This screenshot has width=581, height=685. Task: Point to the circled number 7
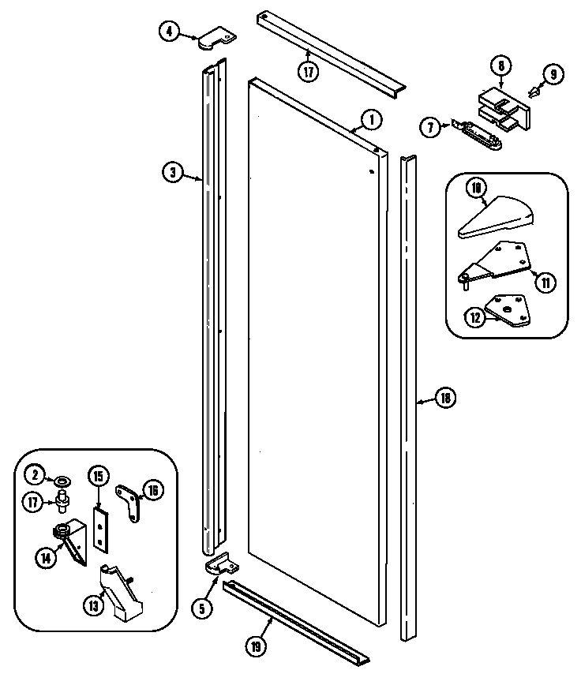coord(430,127)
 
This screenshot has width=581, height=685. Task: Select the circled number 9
coord(553,75)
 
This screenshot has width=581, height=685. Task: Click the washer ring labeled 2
coord(61,479)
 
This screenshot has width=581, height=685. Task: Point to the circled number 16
coord(152,491)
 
